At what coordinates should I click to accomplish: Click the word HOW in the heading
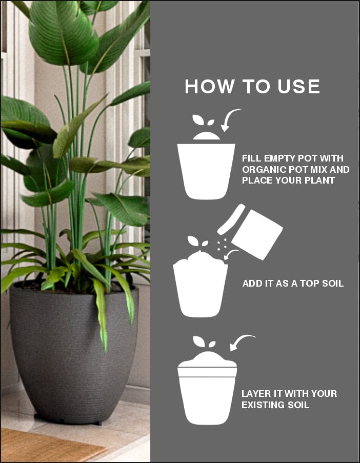[209, 87]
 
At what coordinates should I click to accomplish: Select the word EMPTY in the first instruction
[279, 158]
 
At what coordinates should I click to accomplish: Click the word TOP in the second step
[310, 284]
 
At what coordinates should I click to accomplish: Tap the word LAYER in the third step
[254, 394]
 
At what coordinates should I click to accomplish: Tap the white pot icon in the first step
[206, 171]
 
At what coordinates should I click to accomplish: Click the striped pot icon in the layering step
[207, 390]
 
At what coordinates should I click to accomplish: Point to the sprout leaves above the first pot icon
[203, 120]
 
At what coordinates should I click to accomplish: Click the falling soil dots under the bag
[222, 245]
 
